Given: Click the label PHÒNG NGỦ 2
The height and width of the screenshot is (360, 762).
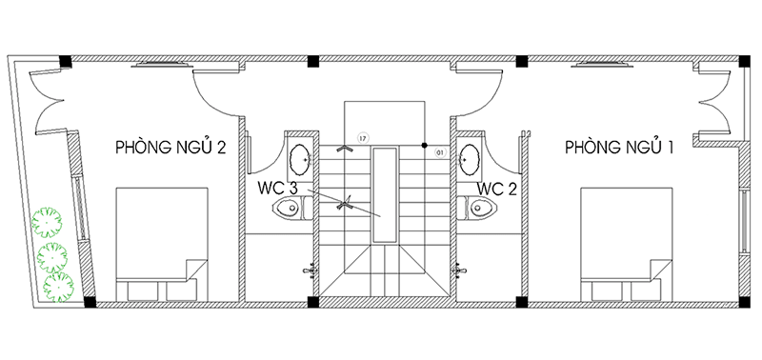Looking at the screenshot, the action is click(x=170, y=148).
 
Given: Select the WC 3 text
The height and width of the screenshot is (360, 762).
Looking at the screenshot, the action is click(x=277, y=189).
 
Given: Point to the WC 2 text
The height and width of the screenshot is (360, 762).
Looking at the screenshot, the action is click(x=496, y=189).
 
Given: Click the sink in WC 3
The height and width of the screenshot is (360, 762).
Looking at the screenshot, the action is click(x=299, y=159).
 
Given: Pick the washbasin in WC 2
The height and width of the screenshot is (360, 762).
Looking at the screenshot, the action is click(x=470, y=159).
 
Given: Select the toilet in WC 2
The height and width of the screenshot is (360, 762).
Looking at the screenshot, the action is click(x=477, y=209).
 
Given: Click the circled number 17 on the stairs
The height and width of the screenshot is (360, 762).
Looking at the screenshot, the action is click(x=362, y=138).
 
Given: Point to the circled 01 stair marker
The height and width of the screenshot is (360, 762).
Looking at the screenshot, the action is click(x=440, y=152).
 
